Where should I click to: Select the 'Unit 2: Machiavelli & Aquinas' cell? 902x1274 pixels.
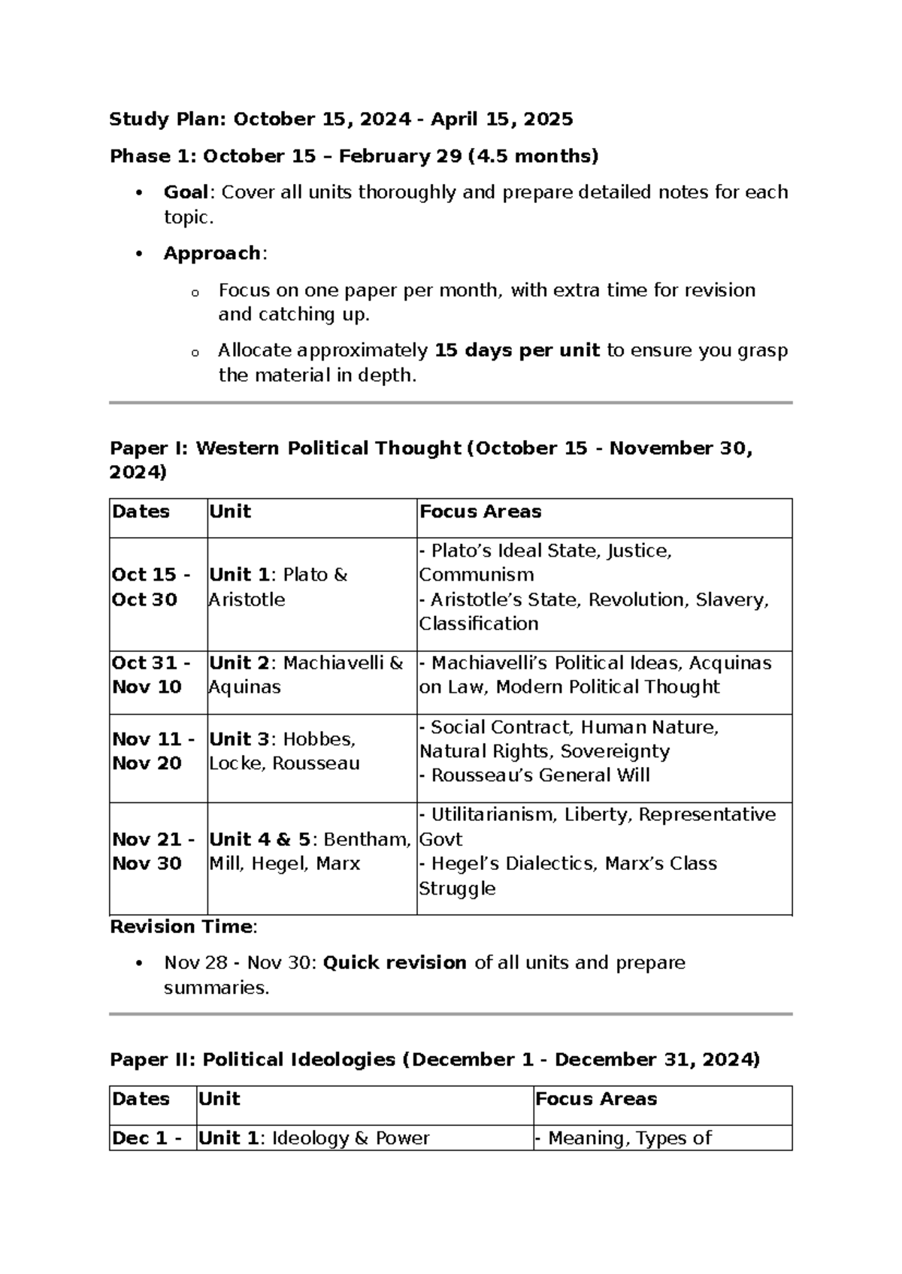point(307,675)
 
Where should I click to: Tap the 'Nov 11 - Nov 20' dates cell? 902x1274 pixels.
point(153,750)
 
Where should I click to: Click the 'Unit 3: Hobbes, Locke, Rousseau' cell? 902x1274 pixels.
point(284,750)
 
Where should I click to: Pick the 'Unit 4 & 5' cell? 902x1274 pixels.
point(310,850)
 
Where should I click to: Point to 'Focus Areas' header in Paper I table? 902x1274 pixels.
point(480,512)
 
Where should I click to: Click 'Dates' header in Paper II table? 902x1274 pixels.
point(141,1098)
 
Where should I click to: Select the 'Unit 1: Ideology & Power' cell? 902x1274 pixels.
point(313,1137)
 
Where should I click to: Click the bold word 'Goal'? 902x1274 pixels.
point(185,192)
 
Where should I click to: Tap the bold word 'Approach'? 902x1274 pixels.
point(212,253)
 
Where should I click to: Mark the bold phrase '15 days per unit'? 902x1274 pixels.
point(517,350)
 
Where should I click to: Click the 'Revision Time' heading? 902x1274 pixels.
point(181,926)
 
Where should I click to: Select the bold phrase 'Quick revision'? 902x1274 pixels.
point(394,962)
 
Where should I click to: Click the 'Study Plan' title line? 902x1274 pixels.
point(341,119)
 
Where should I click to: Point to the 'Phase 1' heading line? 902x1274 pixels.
point(353,156)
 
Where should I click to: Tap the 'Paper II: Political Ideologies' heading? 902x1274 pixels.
point(434,1059)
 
